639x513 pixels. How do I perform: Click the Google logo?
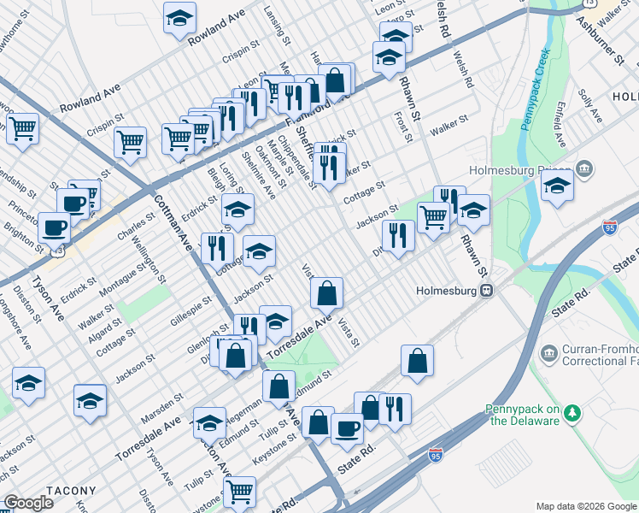pyautogui.click(x=28, y=503)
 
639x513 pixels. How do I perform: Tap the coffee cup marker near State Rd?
pyautogui.click(x=347, y=427)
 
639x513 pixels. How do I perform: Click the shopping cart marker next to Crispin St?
pyautogui.click(x=130, y=141)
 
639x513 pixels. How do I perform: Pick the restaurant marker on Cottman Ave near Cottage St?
pyautogui.click(x=217, y=248)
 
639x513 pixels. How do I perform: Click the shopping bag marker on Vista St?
pyautogui.click(x=326, y=293)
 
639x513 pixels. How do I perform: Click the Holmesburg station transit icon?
pyautogui.click(x=486, y=290)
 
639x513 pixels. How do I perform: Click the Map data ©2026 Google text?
pyautogui.click(x=585, y=506)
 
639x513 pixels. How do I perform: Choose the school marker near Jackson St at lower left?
pyautogui.click(x=29, y=384)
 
